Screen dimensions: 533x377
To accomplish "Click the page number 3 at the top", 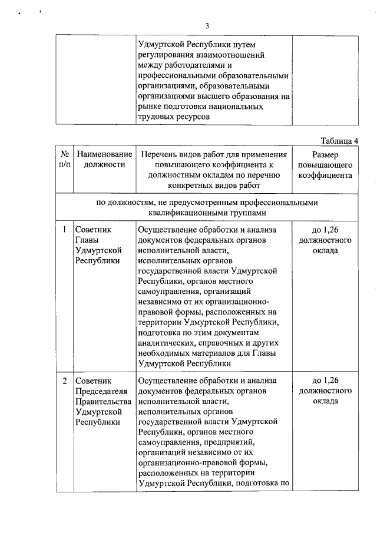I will (x=207, y=25).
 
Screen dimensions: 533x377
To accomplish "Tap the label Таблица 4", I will (x=339, y=140).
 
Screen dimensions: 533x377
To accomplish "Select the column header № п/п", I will (x=64, y=159).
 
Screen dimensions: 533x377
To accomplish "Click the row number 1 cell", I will (x=64, y=229).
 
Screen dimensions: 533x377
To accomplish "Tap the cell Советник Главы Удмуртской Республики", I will (x=98, y=245).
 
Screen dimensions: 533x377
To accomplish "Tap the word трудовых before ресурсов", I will (x=155, y=117).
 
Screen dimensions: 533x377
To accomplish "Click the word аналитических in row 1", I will (x=166, y=342).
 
